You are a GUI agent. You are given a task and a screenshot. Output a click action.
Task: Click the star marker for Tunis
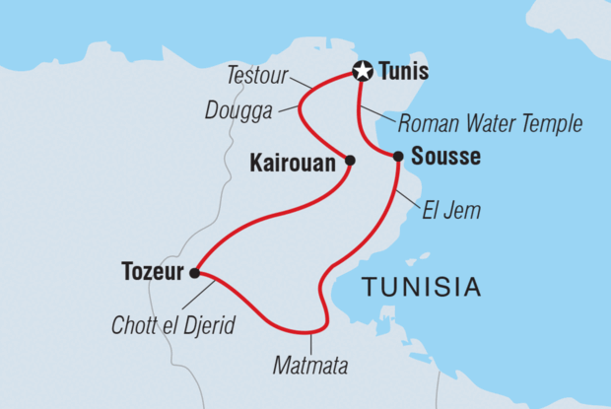[363, 71]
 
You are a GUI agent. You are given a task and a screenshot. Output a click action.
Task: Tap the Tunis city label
[401, 71]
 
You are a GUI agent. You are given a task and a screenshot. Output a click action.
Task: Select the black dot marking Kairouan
[350, 159]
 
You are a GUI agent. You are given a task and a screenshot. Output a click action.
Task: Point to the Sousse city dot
[398, 156]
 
